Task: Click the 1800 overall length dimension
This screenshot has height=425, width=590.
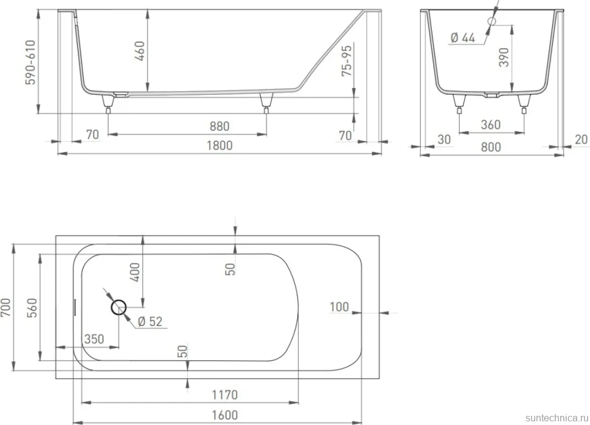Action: click(220, 145)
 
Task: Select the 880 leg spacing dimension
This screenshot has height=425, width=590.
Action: click(220, 126)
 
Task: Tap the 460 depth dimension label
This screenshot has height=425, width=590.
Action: click(139, 52)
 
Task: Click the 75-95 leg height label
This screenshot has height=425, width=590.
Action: click(347, 60)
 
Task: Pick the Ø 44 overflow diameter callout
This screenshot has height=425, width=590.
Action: click(463, 38)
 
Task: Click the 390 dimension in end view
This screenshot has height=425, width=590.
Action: click(504, 58)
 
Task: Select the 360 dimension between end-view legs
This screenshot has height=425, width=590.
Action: click(490, 125)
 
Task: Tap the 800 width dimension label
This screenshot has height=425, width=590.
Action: click(491, 147)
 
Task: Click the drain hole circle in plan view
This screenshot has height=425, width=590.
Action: click(119, 307)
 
